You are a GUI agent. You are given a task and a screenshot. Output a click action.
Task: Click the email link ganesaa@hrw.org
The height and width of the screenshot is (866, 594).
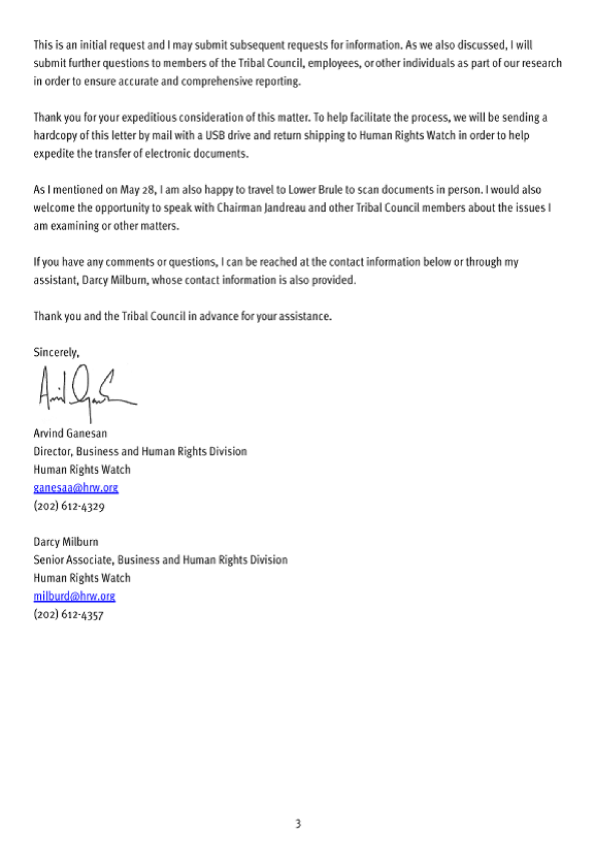tap(75, 488)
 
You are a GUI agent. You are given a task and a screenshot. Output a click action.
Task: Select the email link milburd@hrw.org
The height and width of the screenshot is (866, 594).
tap(74, 596)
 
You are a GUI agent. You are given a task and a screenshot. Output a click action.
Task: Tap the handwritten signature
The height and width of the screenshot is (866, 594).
tap(85, 391)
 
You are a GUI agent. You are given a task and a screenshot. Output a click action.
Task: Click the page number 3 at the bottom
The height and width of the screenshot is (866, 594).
tap(298, 823)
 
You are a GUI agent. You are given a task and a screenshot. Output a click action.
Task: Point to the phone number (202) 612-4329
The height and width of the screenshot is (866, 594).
tap(69, 506)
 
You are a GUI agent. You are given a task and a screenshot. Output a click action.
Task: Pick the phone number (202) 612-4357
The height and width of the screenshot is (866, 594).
tap(68, 614)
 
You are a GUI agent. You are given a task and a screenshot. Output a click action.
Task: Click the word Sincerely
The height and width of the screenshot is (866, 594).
tap(56, 353)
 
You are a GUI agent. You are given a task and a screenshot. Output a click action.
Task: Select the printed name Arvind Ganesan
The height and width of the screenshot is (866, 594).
tap(70, 434)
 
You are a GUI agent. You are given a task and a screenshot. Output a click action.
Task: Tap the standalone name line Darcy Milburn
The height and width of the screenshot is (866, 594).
tap(66, 542)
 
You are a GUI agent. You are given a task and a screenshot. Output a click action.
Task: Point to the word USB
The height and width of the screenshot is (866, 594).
tap(215, 135)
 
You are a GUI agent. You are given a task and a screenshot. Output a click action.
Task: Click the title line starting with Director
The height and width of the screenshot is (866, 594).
tap(140, 451)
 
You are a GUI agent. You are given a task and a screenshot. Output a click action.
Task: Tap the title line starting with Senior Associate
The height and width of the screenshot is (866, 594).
tap(160, 560)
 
